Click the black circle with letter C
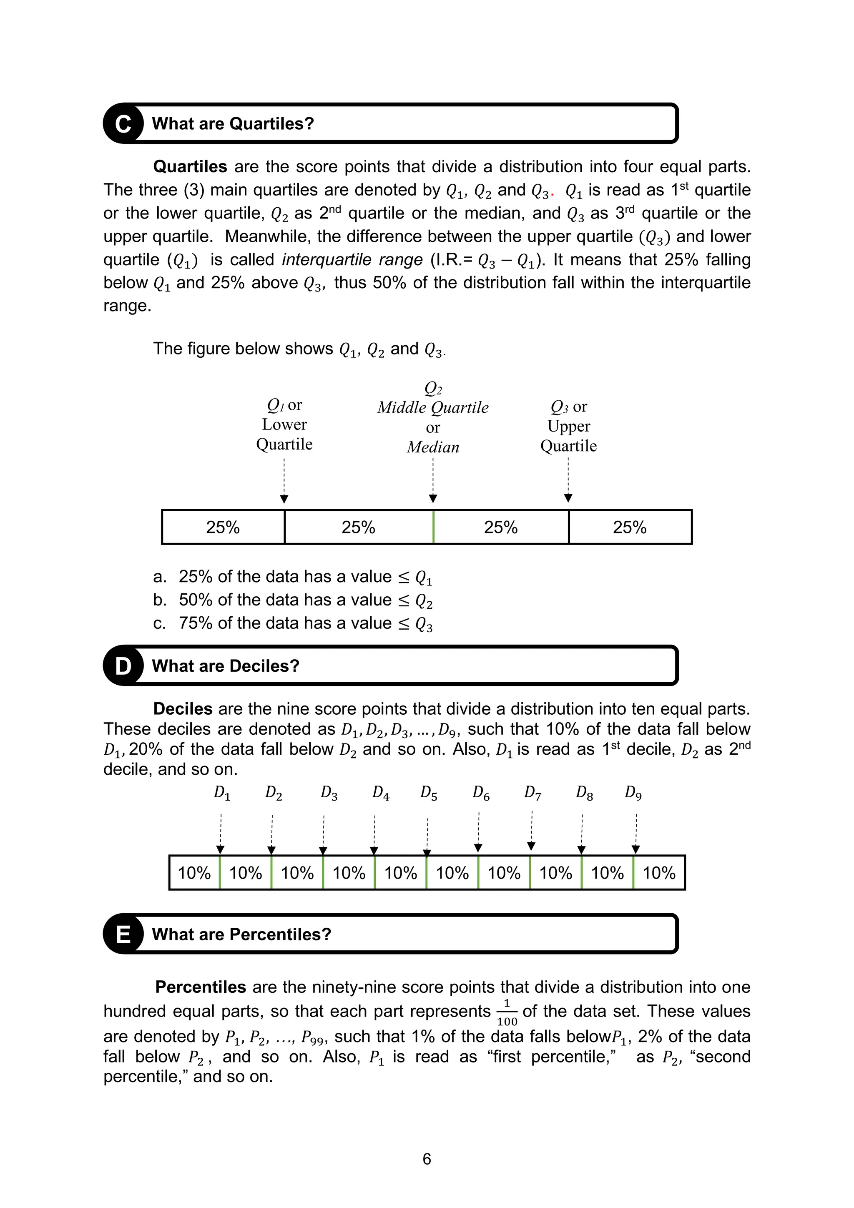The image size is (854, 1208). click(123, 124)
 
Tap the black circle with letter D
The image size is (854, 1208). click(123, 666)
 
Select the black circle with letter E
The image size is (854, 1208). click(123, 934)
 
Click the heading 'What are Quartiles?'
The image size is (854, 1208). click(233, 124)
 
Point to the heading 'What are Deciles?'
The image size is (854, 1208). click(225, 666)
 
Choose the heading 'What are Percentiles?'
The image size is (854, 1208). click(241, 934)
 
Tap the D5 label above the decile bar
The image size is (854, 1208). click(428, 793)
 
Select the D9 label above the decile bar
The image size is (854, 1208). click(633, 792)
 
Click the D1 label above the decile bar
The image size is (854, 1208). click(221, 792)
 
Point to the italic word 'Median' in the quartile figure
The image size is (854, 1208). click(432, 447)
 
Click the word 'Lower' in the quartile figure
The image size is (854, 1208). click(284, 424)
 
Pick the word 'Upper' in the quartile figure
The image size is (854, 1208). click(568, 426)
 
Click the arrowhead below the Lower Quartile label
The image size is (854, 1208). click(284, 499)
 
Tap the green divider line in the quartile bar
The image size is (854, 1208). click(433, 527)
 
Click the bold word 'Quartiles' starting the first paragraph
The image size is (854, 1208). click(190, 167)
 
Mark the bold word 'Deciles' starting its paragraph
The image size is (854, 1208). click(183, 709)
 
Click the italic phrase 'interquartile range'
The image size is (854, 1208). click(352, 259)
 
